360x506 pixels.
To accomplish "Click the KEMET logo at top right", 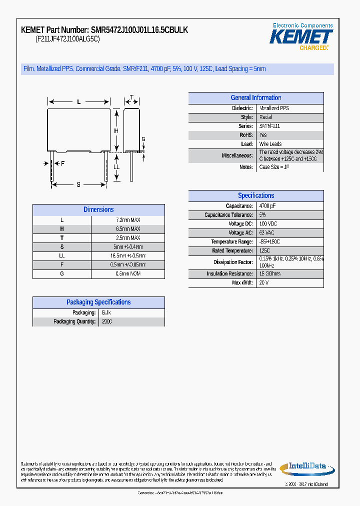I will (301, 36).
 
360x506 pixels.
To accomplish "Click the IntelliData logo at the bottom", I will (303, 467).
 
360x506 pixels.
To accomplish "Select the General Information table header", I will (255, 98).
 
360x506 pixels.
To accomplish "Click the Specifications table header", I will (255, 196).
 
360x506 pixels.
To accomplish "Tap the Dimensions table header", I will (98, 210).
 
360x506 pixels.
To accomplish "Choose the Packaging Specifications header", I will (98, 302).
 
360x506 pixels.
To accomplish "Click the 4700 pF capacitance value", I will (267, 206).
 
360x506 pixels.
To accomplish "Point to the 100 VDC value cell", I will (268, 224).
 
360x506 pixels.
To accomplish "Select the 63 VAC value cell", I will (267, 233).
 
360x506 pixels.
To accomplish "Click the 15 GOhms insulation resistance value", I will (269, 274).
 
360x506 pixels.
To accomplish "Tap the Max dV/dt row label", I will (242, 283).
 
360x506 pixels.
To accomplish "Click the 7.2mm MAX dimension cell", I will (128, 220).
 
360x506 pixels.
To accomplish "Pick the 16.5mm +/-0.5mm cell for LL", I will (128, 256).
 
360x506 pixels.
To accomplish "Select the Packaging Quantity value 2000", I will (107, 321).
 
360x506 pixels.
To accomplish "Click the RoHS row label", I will (246, 135).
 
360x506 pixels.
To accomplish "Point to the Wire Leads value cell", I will (270, 144).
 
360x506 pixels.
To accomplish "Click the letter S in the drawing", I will (78, 185).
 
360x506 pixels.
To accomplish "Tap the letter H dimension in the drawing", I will (116, 131).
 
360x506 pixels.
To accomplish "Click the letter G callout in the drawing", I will (143, 139).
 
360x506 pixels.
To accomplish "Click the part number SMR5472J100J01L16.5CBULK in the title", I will (139, 30).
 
